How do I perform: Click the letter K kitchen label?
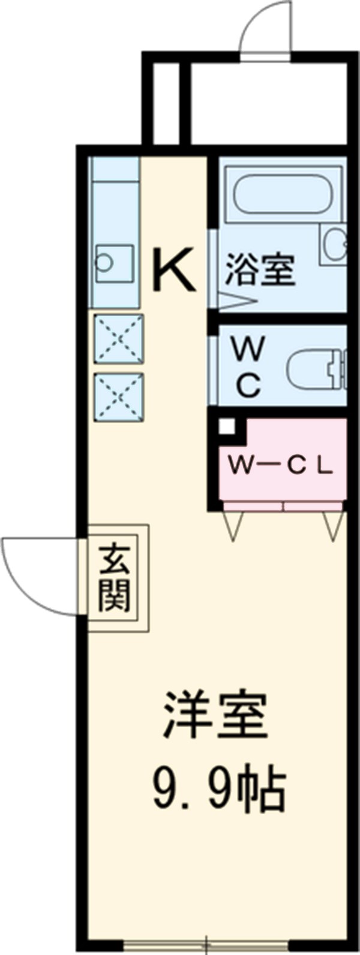coord(174,271)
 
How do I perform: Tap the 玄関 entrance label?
coord(115,577)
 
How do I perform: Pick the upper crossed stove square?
coord(119,338)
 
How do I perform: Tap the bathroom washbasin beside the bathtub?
coord(334,244)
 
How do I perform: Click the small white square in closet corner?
coord(226,427)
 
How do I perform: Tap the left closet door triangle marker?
coord(233,525)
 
